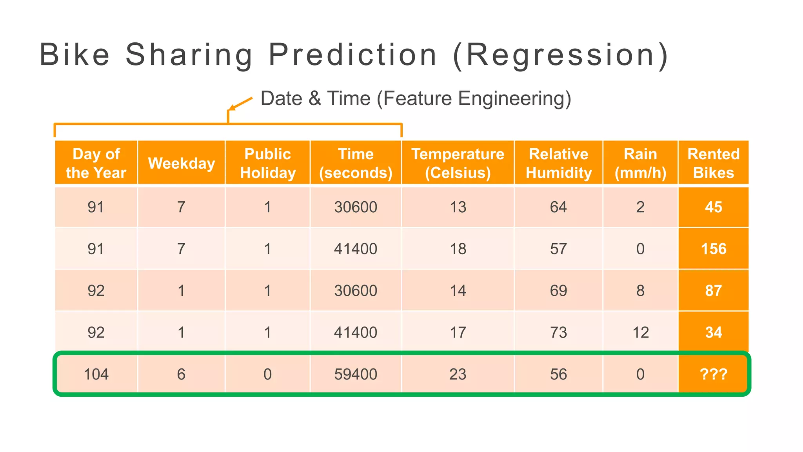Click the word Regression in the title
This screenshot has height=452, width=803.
(560, 55)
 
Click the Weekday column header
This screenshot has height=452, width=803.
(182, 163)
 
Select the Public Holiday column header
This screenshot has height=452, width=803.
(268, 163)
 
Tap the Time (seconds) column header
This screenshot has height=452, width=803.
(356, 163)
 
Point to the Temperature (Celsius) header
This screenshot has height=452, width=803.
(458, 163)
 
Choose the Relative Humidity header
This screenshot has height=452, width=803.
(558, 163)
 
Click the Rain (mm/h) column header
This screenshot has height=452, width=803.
(640, 163)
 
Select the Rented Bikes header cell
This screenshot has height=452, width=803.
(713, 163)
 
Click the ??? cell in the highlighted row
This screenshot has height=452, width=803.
(713, 374)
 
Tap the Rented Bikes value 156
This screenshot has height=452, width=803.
(713, 249)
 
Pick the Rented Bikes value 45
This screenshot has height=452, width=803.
(713, 207)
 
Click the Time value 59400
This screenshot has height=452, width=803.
(356, 374)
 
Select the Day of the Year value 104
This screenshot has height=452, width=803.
(96, 374)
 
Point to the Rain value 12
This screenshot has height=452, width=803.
(640, 332)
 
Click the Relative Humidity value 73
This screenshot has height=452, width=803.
(558, 332)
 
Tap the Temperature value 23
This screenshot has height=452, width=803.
(458, 374)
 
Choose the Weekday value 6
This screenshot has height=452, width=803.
(181, 374)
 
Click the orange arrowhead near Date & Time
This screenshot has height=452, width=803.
(232, 108)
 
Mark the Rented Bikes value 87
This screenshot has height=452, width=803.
(713, 290)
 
